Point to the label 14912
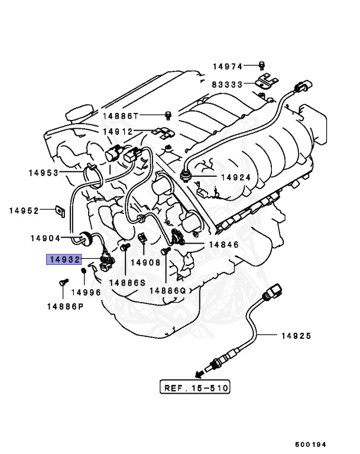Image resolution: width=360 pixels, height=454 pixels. [118, 131]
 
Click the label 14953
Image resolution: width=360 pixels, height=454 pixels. [44, 173]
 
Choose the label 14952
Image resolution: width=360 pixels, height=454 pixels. [24, 210]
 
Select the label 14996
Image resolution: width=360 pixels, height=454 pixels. [86, 292]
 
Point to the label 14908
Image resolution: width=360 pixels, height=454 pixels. [145, 262]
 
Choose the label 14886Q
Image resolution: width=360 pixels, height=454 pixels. [167, 290]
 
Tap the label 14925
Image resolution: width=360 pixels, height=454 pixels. [296, 336]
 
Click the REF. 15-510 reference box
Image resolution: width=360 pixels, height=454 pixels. [195, 388]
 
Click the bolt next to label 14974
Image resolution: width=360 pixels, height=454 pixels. [262, 65]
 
